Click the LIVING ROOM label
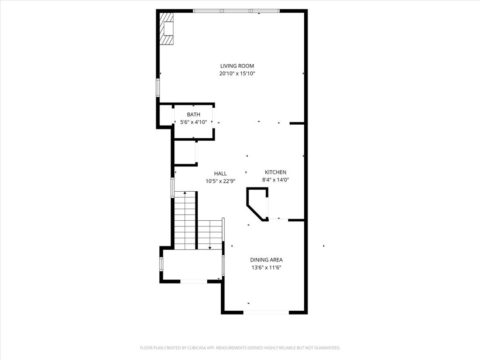click(237, 66)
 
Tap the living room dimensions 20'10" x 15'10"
click(237, 74)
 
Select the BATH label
click(194, 115)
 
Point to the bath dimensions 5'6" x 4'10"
click(194, 122)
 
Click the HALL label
click(220, 174)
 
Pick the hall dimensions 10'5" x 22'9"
click(220, 181)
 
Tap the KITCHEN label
click(275, 172)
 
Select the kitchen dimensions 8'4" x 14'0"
click(275, 180)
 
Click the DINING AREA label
click(266, 260)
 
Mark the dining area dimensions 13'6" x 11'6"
click(266, 268)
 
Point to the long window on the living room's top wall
click(237, 11)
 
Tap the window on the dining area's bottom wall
click(266, 312)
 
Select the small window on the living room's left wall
click(158, 88)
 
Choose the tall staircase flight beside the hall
click(186, 220)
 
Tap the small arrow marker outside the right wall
click(324, 246)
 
